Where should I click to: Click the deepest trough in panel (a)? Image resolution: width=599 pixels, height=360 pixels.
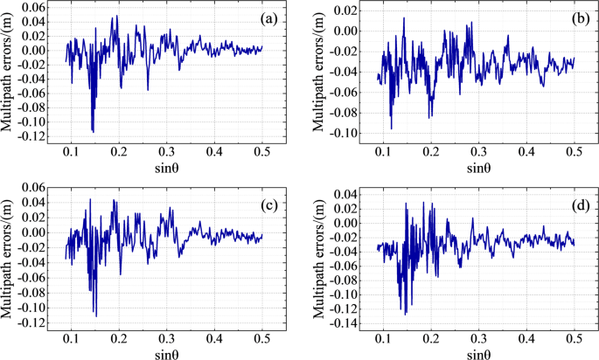pos(94,131)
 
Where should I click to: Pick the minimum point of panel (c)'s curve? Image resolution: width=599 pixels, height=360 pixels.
pos(96,315)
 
